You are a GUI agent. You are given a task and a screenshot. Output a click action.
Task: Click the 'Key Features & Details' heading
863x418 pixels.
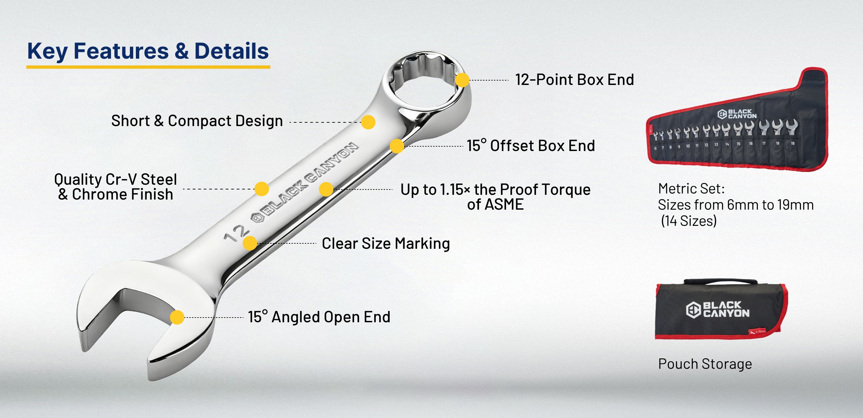tap(148, 51)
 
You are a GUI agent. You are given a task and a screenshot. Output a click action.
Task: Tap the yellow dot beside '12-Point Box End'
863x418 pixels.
tap(462, 80)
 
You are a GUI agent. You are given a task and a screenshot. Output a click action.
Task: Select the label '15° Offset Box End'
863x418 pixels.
tap(531, 146)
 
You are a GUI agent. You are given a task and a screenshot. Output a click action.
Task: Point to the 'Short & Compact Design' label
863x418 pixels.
tap(197, 121)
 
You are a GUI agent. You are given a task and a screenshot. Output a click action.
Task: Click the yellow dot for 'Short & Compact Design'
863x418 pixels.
tap(368, 122)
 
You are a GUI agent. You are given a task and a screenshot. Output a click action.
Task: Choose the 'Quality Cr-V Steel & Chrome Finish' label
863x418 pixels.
tap(116, 187)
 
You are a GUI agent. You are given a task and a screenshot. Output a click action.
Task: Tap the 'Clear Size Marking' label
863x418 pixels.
tap(386, 243)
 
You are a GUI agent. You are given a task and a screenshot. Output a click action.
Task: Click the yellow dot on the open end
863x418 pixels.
tap(177, 317)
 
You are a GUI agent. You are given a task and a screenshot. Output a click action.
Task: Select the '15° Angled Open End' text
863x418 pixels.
tap(319, 317)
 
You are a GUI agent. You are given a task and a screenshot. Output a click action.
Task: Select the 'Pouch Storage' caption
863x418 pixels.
tap(705, 364)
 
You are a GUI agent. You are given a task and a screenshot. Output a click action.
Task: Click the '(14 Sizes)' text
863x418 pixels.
tap(689, 221)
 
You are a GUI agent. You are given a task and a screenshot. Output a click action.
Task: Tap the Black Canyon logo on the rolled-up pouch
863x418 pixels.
tap(718, 309)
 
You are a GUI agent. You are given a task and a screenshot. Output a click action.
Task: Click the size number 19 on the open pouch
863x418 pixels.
tap(793, 143)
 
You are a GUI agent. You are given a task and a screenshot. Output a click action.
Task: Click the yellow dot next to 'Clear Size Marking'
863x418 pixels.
tap(250, 243)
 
